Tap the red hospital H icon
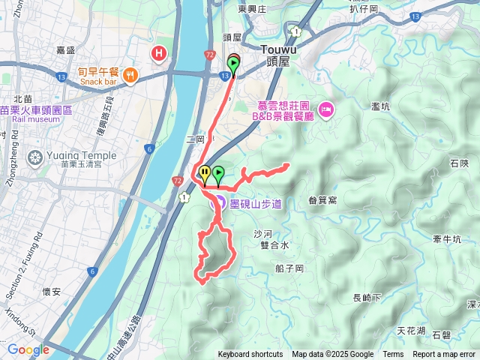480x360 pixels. (159, 52)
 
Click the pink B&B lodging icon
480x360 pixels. (326, 111)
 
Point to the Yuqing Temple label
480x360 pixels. (68, 156)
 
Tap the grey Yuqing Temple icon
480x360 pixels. (34, 157)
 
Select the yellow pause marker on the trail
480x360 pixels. (205, 173)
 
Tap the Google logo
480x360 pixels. (28, 349)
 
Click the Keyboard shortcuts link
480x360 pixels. (250, 355)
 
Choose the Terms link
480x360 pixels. (393, 355)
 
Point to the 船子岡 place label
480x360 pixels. (289, 268)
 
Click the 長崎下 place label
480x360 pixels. (367, 298)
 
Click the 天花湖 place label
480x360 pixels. (411, 331)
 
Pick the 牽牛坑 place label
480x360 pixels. (446, 239)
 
